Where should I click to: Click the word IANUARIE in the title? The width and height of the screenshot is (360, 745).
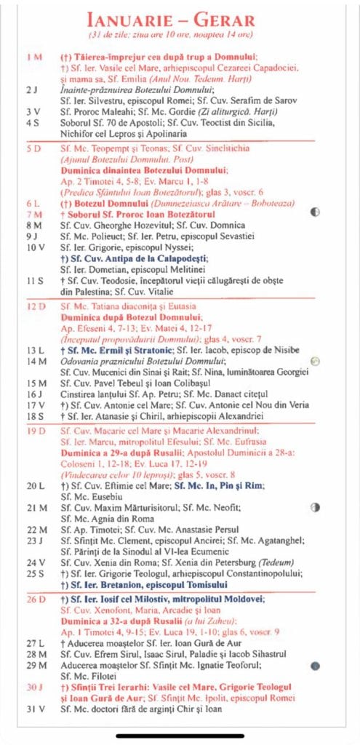[127, 20]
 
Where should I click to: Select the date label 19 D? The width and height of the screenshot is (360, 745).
[33, 431]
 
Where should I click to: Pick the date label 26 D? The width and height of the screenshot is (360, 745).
[33, 599]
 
